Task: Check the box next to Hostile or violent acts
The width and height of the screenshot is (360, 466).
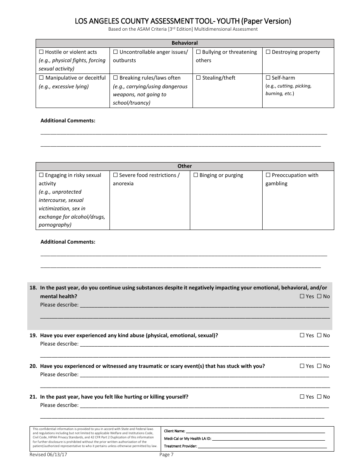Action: click(41, 52)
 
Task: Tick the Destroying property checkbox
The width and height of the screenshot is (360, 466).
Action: click(268, 52)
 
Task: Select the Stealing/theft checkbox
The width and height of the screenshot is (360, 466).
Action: click(198, 78)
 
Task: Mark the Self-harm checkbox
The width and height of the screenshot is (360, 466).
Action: click(268, 78)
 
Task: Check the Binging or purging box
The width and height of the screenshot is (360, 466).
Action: click(196, 175)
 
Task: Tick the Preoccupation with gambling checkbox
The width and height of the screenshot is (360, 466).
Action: click(268, 175)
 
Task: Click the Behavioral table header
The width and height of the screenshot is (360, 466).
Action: click(185, 43)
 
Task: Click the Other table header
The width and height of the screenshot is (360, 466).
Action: click(185, 166)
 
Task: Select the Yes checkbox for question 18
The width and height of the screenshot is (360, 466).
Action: click(302, 297)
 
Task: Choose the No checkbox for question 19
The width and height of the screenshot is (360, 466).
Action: click(319, 335)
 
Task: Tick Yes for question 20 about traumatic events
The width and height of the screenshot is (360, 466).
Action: click(302, 366)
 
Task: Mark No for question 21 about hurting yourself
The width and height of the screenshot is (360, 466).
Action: click(319, 397)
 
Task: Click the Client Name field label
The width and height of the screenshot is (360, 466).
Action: click(174, 431)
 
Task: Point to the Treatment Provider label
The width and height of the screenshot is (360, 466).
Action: click(180, 446)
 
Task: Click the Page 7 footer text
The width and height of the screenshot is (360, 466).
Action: click(166, 454)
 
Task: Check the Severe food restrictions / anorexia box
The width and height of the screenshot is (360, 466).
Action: click(115, 175)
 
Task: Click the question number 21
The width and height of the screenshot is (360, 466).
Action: click(33, 397)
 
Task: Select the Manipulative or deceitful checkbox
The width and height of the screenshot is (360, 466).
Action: click(41, 78)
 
